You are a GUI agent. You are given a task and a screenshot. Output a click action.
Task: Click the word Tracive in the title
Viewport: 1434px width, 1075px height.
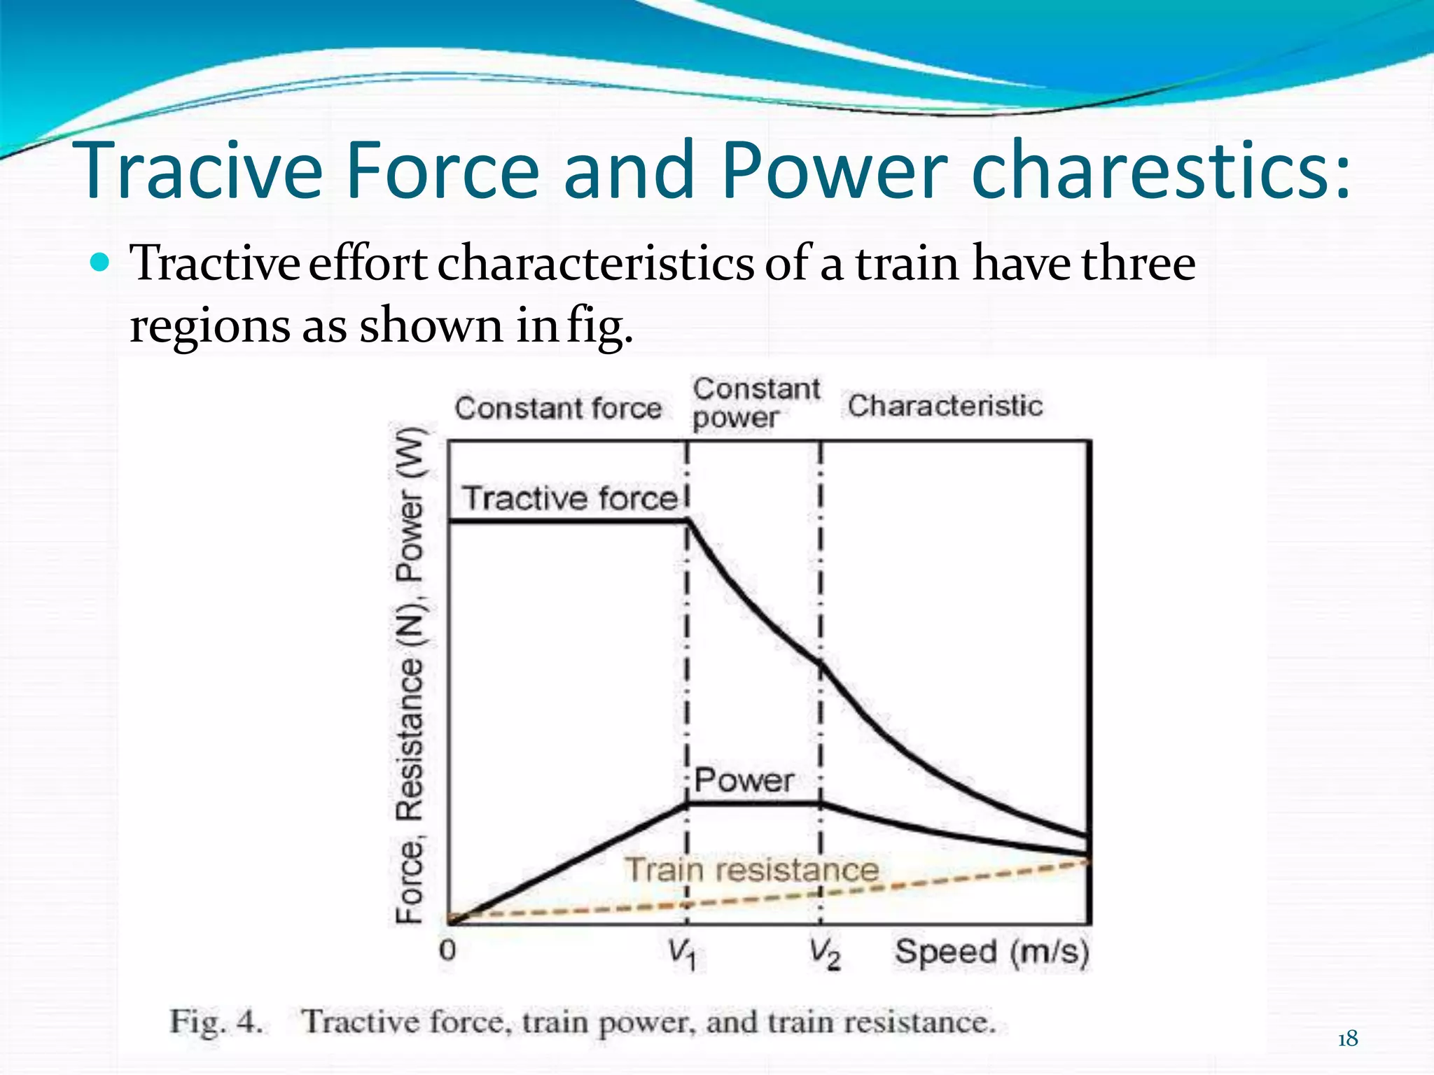[x=203, y=170]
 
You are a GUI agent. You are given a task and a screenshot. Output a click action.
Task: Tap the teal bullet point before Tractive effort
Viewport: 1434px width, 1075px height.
[x=101, y=263]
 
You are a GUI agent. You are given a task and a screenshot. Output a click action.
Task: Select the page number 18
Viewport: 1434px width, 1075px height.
[x=1347, y=1039]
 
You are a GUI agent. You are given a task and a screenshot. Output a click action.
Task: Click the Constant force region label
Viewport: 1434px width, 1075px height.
[x=558, y=408]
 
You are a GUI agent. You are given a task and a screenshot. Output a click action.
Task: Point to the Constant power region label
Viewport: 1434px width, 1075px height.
[x=756, y=402]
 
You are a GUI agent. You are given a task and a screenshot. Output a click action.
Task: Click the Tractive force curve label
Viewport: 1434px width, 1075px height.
[x=570, y=498]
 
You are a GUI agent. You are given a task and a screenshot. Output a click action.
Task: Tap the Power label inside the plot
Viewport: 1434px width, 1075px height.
[x=744, y=780]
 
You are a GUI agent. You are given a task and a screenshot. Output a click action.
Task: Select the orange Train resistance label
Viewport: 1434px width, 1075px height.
[x=751, y=870]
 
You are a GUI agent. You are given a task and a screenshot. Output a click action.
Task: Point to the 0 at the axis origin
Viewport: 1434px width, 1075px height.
[x=447, y=950]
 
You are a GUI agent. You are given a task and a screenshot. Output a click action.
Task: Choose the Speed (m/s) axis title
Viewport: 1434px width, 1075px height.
[x=992, y=953]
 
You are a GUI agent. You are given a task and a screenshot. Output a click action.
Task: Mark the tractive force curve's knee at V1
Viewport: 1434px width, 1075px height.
[x=688, y=520]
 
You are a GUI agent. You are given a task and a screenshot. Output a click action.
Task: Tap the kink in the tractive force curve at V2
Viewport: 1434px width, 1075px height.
[x=821, y=664]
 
